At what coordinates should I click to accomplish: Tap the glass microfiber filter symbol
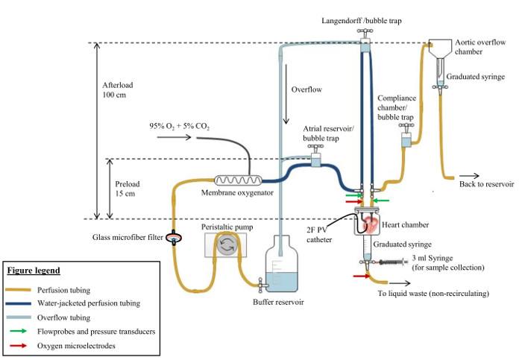(174, 239)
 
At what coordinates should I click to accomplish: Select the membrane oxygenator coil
(237, 180)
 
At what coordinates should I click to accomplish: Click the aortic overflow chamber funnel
(445, 48)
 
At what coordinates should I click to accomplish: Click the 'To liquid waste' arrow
(398, 283)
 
